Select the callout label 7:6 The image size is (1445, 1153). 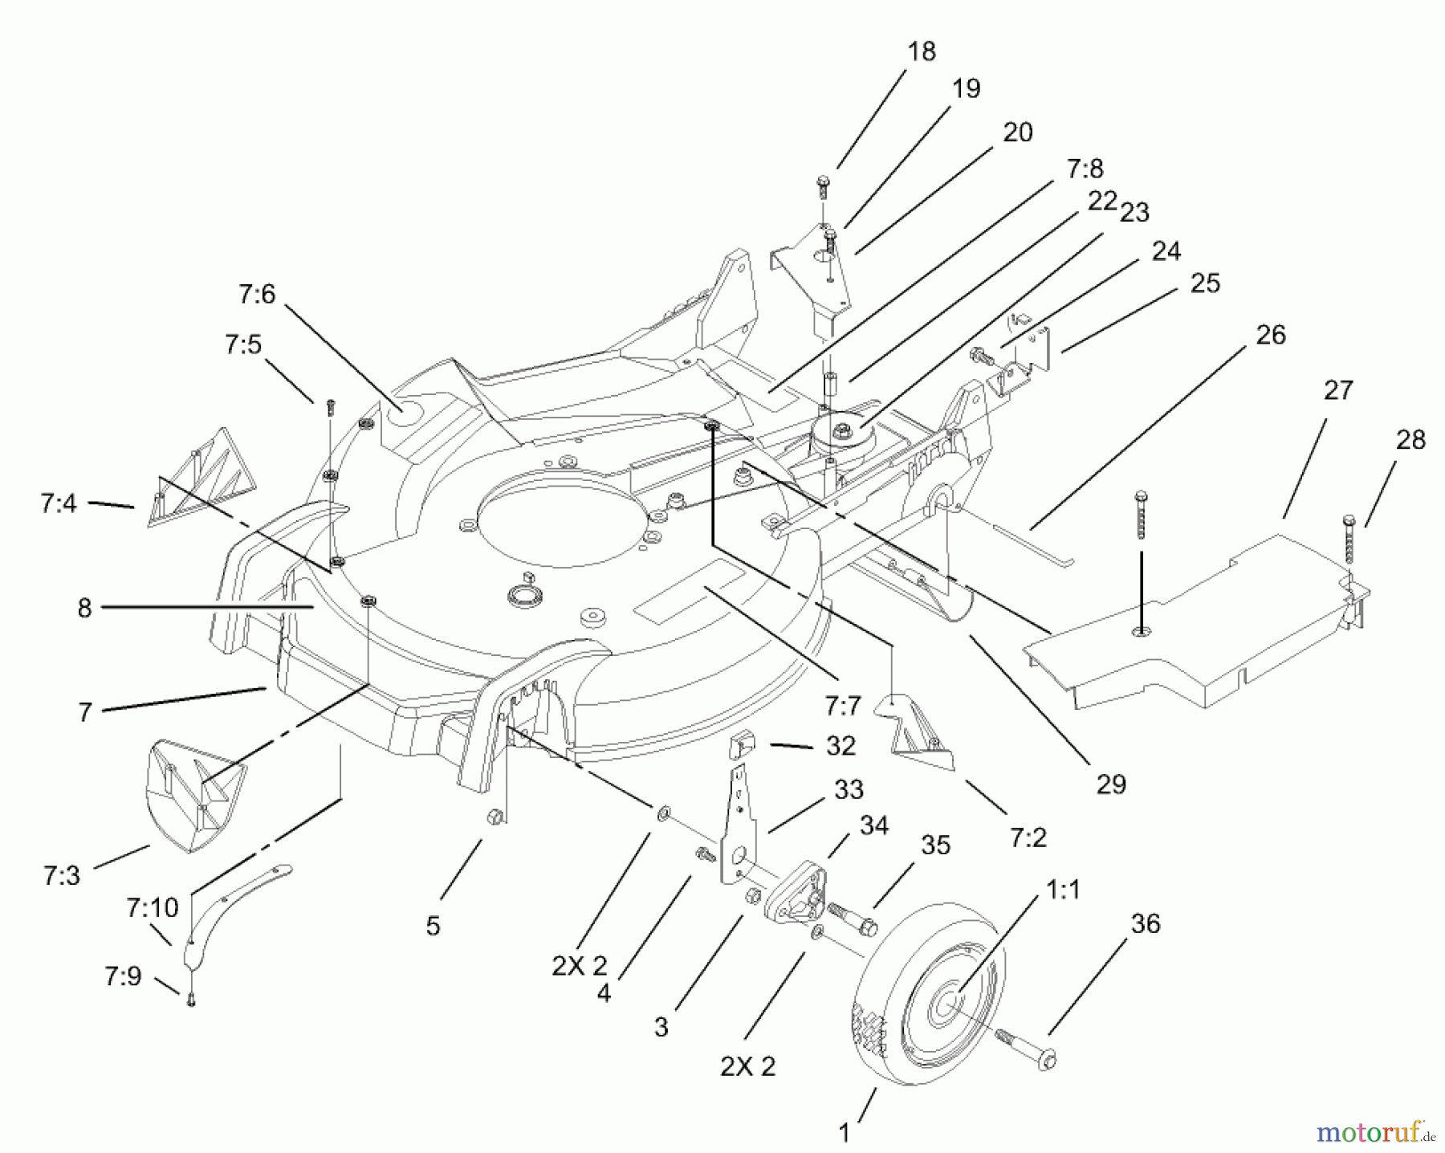pos(256,295)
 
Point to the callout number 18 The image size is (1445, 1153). pos(922,51)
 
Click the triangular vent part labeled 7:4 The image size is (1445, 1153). pos(204,481)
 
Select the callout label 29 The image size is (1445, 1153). pos(1111,784)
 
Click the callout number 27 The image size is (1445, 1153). pos(1338,390)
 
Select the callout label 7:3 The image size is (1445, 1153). pos(62,875)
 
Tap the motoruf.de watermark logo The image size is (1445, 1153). pos(1374,1132)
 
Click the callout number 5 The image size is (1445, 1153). pos(433,927)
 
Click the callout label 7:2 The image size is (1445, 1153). pos(1028,837)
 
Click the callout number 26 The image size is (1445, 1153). pos(1270,335)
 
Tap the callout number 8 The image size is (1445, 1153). pos(84,608)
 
